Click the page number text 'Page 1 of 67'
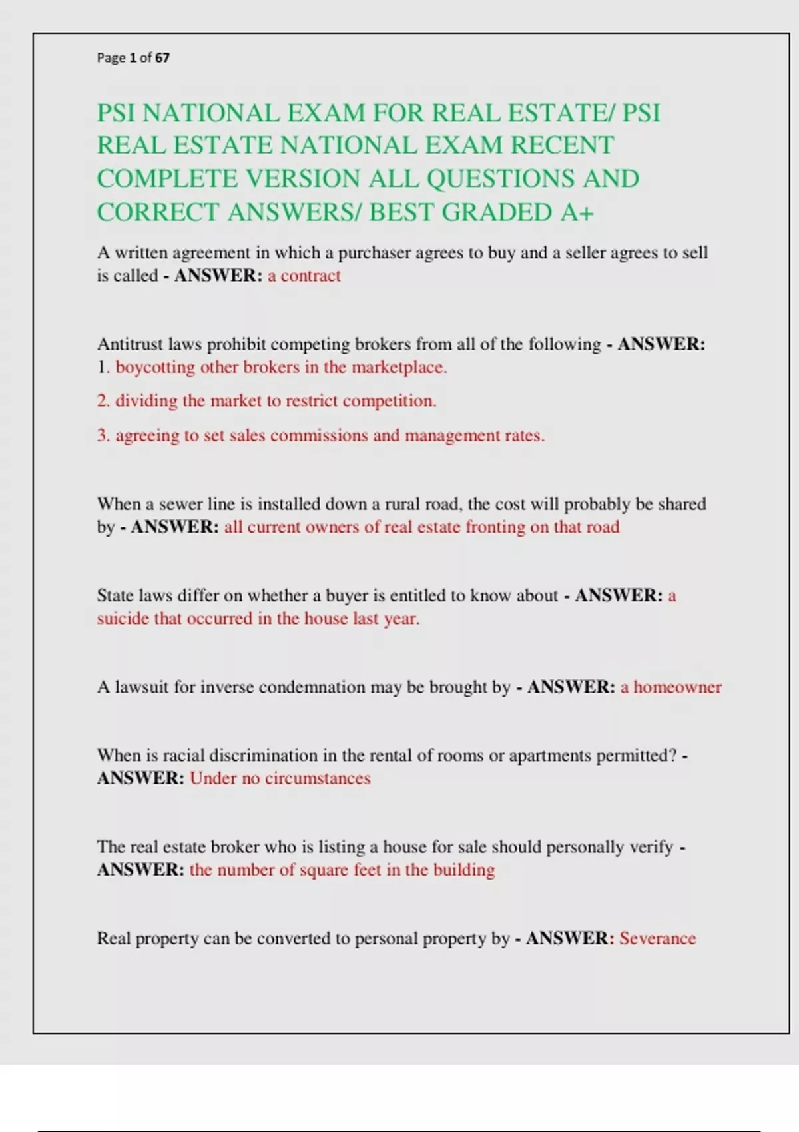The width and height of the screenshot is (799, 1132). click(133, 58)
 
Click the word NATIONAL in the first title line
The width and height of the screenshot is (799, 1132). click(210, 113)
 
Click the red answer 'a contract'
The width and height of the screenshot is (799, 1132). click(304, 276)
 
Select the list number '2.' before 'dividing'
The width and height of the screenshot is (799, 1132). click(103, 401)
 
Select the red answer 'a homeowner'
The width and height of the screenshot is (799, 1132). click(670, 687)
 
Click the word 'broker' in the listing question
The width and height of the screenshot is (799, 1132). click(234, 847)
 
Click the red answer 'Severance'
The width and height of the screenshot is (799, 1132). click(657, 939)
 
